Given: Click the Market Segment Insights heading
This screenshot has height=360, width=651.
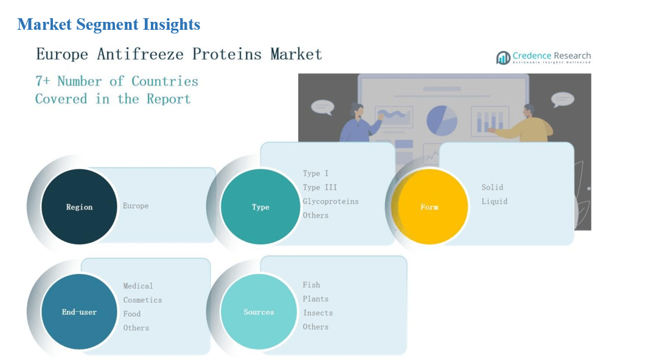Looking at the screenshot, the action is (x=109, y=24).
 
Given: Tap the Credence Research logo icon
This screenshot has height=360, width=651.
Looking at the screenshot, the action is (x=503, y=58).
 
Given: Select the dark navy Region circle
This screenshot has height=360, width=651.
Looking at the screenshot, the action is (x=79, y=207).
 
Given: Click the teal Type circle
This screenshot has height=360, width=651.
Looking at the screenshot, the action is (x=260, y=207).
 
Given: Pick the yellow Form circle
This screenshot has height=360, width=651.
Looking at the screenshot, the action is (x=430, y=207).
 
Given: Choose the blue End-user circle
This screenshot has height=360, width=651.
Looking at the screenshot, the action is (x=79, y=312).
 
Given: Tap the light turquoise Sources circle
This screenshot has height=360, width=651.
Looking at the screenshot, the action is (x=259, y=312).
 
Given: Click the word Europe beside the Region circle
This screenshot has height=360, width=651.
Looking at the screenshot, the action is (x=136, y=206).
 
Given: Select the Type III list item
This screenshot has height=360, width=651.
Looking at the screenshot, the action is (x=319, y=187).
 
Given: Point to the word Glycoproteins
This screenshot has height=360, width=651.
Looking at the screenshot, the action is (x=330, y=201).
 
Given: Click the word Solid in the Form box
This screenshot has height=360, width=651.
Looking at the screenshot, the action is (x=492, y=187).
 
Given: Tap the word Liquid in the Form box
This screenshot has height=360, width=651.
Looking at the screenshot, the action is (x=495, y=201).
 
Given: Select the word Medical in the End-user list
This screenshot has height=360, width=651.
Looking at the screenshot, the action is (x=138, y=286).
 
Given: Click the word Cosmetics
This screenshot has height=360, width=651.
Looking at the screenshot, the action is (x=142, y=300).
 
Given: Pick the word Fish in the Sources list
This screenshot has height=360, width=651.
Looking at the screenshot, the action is (x=312, y=285).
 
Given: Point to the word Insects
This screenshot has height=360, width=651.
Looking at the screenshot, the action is (x=318, y=313).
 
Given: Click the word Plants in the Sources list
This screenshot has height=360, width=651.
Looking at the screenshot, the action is (x=316, y=299).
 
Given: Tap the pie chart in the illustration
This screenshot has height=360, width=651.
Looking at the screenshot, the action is (x=442, y=120).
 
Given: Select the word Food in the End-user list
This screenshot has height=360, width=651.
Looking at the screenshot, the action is (x=131, y=314).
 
